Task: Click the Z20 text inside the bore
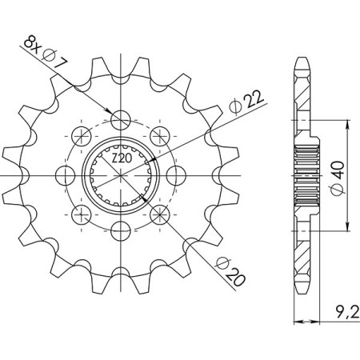[x=121, y=160]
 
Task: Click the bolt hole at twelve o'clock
[x=121, y=120]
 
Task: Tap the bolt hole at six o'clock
[x=121, y=231]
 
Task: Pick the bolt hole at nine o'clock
[x=66, y=175]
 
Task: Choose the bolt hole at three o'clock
[x=176, y=175]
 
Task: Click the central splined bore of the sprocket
[x=121, y=175]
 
